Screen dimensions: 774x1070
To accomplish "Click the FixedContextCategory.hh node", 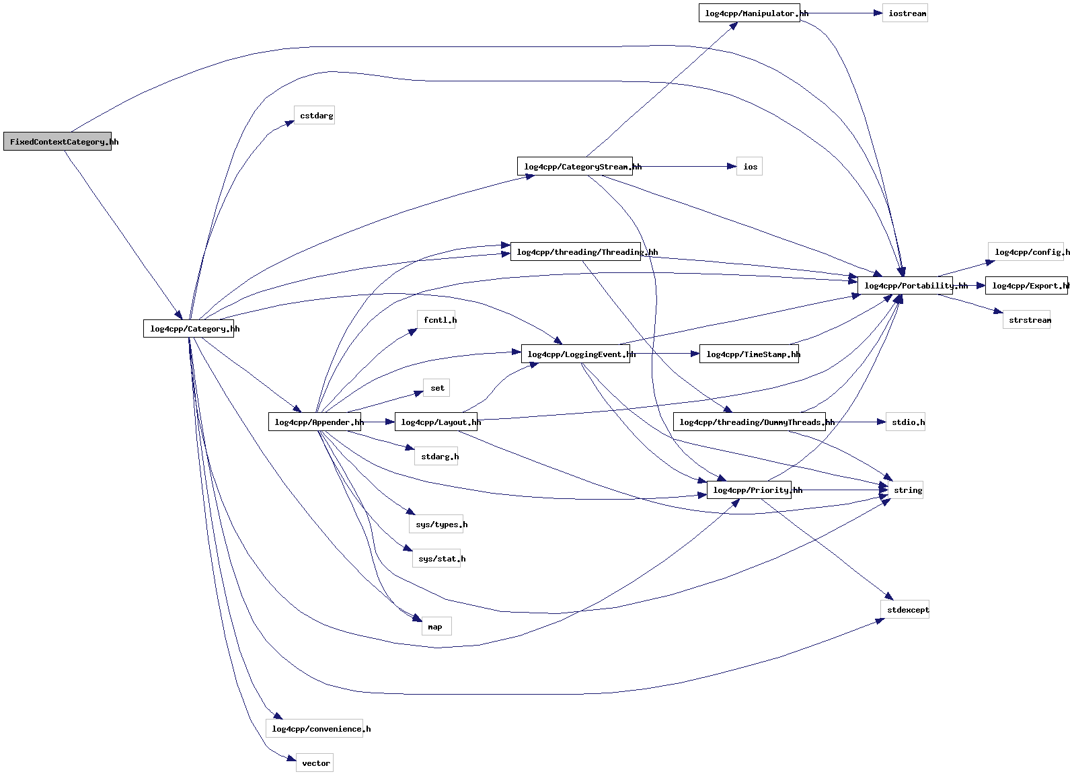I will tap(58, 141).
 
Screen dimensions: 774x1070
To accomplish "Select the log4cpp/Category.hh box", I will tap(189, 329).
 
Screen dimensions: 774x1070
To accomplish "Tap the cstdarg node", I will tap(315, 116).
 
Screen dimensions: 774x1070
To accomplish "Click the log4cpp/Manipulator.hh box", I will tap(749, 13).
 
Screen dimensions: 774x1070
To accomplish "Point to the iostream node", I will tap(905, 13).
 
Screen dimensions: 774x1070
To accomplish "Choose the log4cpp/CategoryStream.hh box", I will tap(575, 167).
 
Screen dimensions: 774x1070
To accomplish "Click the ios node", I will tap(750, 167).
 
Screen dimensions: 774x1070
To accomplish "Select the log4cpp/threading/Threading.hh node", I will tap(576, 252).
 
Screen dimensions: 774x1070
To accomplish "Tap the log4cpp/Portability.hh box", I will tap(905, 286).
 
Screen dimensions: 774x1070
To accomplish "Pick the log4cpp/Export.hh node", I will tap(1027, 286).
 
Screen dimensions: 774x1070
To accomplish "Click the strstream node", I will tap(1027, 320).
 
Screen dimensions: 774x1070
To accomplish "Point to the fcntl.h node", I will tap(438, 320).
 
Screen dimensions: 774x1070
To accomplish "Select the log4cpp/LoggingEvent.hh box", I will tap(576, 354).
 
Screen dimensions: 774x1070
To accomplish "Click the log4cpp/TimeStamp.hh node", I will tap(749, 354).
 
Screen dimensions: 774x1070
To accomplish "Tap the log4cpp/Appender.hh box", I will tap(315, 422).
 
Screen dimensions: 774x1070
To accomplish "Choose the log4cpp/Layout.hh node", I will tap(436, 422).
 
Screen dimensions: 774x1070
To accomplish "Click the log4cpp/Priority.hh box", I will tap(749, 490).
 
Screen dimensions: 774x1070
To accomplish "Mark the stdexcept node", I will tap(905, 610).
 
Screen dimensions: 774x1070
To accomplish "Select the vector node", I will tap(315, 763).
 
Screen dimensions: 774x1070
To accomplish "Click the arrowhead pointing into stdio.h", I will tap(881, 422).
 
